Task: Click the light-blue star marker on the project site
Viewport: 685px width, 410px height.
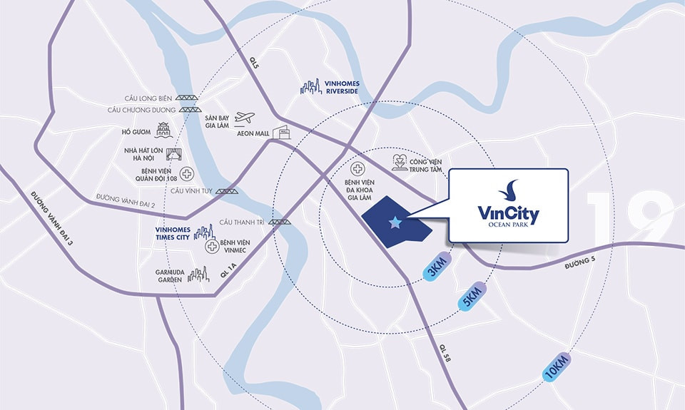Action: coord(395,223)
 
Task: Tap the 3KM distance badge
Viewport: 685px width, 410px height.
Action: coord(437,266)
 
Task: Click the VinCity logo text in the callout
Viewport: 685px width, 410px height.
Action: coord(509,213)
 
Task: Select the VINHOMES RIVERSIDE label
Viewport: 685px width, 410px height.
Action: coord(342,88)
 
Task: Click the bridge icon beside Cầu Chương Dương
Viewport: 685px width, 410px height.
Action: coord(189,110)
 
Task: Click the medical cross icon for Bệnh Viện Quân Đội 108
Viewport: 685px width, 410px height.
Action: coord(186,173)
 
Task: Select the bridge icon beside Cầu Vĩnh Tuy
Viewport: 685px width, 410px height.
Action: coord(227,191)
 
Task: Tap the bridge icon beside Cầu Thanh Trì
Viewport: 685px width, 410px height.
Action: coord(280,222)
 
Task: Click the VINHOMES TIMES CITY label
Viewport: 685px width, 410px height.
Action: coord(172,233)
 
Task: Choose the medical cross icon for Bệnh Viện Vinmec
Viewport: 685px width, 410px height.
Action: coord(212,247)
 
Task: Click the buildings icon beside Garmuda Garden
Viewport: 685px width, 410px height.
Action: coord(198,275)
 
